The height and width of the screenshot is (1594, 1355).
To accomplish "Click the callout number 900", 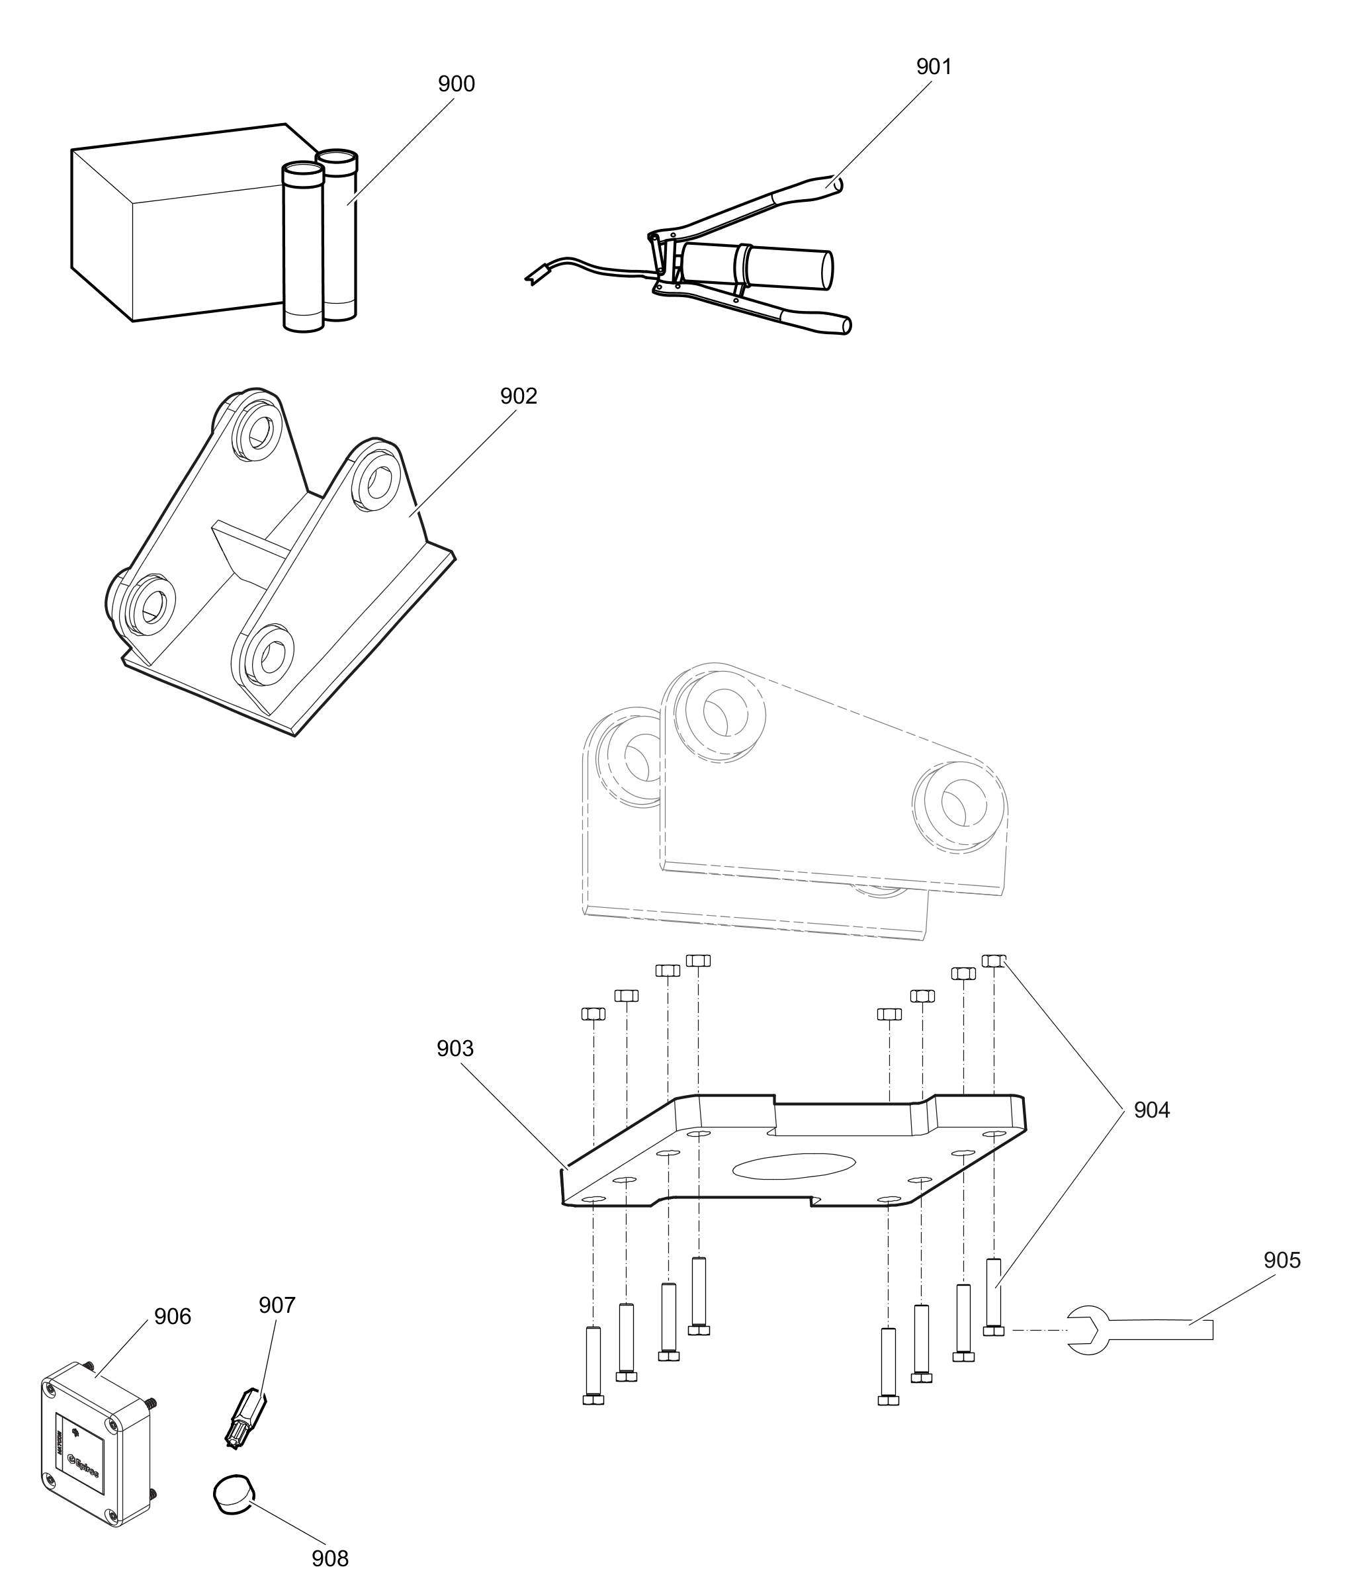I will click(457, 84).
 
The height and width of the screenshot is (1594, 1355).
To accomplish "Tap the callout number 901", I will click(934, 67).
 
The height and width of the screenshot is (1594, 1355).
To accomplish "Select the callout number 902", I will click(519, 396).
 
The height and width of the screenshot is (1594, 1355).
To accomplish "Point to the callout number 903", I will click(455, 1048).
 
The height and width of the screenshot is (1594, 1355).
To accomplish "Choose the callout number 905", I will click(1282, 1260).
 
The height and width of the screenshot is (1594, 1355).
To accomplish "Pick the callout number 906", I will click(172, 1316).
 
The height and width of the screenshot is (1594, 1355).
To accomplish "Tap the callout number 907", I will click(277, 1304).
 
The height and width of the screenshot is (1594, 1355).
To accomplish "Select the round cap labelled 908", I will click(234, 1492).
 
